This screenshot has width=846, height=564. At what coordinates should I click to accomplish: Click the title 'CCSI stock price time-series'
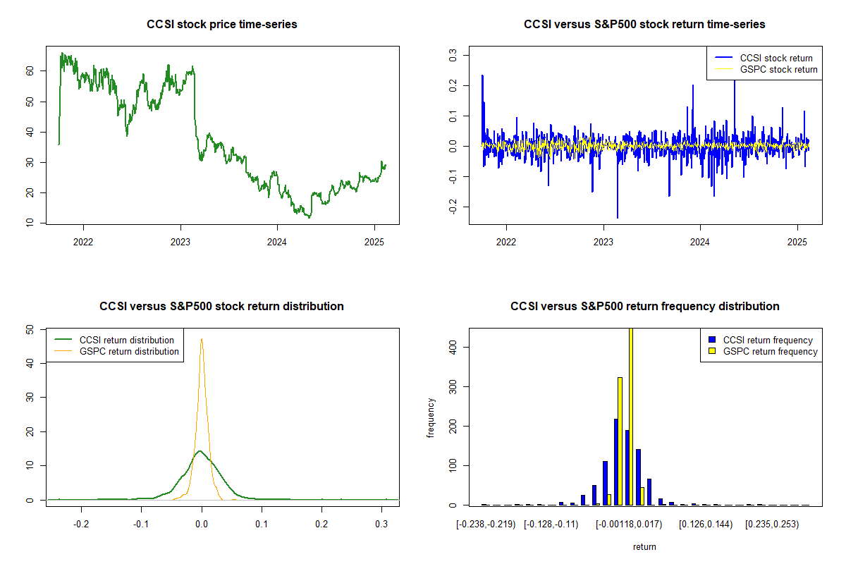[222, 25]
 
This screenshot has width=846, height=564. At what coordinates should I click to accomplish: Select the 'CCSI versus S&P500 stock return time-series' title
[644, 25]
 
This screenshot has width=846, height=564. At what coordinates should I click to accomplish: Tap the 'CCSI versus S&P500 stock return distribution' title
[222, 307]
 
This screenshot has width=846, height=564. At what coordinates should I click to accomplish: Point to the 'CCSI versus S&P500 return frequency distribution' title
[644, 307]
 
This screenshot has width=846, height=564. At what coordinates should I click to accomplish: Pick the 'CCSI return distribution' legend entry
[126, 340]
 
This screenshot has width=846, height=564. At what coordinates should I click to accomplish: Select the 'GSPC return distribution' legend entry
[129, 351]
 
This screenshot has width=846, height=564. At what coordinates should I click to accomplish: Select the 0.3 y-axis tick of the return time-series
[453, 54]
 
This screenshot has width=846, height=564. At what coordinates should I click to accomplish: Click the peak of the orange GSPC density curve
[202, 339]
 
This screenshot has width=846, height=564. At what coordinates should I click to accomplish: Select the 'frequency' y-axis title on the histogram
[431, 417]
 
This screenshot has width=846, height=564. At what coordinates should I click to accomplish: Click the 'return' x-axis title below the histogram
[644, 546]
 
